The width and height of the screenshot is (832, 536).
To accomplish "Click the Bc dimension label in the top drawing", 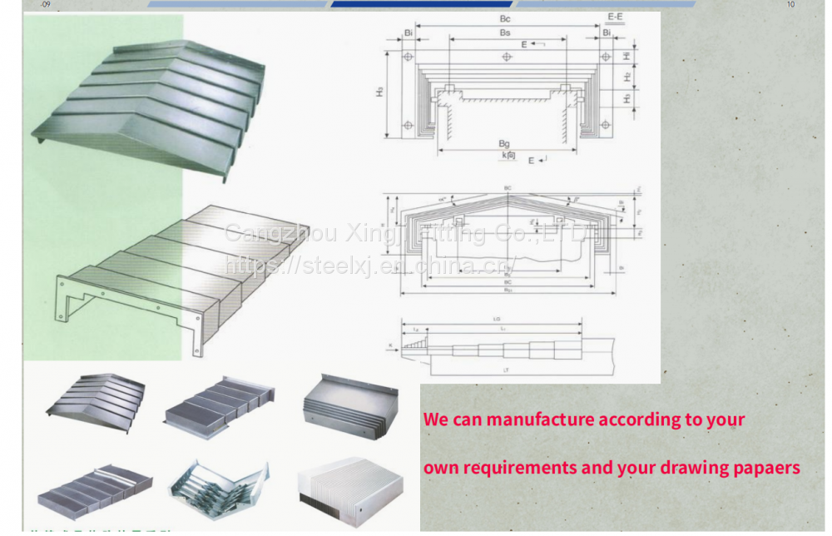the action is (x=505, y=18).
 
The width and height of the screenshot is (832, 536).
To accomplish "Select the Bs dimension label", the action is (x=505, y=32).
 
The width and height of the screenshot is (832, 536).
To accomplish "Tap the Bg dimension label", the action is (x=504, y=144).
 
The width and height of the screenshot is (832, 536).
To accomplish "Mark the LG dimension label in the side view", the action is (x=498, y=319).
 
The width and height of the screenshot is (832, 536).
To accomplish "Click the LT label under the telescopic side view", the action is (x=505, y=368).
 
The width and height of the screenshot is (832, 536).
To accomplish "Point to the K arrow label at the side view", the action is (x=390, y=344).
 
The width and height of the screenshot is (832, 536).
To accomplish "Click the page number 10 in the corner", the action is (x=790, y=5).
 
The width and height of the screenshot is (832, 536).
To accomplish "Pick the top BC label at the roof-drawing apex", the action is (x=508, y=189).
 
